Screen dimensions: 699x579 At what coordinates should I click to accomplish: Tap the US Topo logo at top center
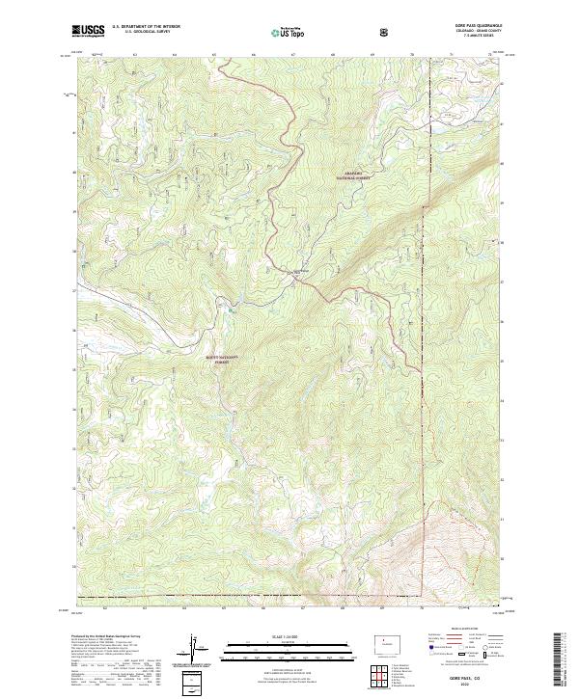(x=279, y=32)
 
